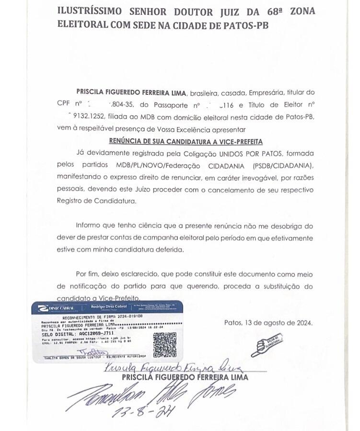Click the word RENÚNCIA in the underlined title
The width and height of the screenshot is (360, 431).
(x=126, y=141)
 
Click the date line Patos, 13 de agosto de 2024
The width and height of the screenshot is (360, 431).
(x=268, y=323)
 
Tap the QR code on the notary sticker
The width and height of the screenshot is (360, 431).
(x=164, y=344)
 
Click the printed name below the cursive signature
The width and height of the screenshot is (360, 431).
(x=185, y=377)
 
